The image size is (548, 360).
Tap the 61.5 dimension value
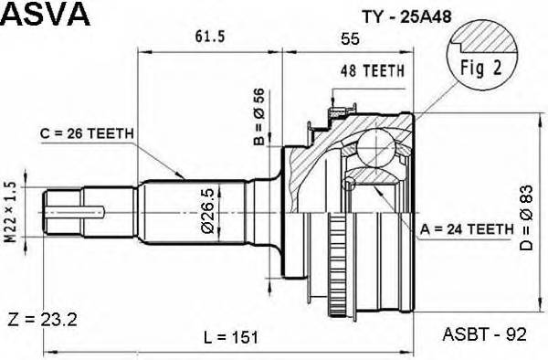pyautogui.click(x=211, y=36)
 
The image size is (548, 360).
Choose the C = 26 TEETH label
pyautogui.click(x=88, y=134)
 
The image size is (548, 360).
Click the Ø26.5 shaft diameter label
pyautogui.click(x=209, y=209)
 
